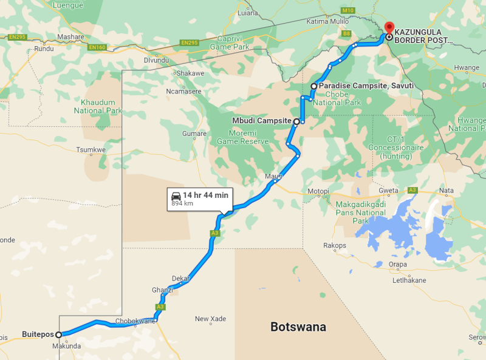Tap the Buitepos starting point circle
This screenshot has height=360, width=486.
point(59,335)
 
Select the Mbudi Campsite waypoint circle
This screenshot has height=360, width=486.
point(296,121)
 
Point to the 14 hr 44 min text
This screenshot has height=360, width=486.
point(205,195)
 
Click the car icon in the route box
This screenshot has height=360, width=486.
point(176,195)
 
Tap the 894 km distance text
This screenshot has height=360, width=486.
point(182,203)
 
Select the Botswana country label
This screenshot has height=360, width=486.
point(298,327)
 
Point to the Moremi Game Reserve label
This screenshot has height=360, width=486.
point(243,137)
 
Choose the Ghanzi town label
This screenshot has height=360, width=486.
point(162,290)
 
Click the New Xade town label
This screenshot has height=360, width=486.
point(210,319)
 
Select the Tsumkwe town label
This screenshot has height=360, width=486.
point(91,149)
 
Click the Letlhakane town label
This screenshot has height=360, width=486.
point(409,280)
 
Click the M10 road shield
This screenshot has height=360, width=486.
point(347,10)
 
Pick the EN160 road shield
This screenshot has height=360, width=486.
point(97,47)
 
